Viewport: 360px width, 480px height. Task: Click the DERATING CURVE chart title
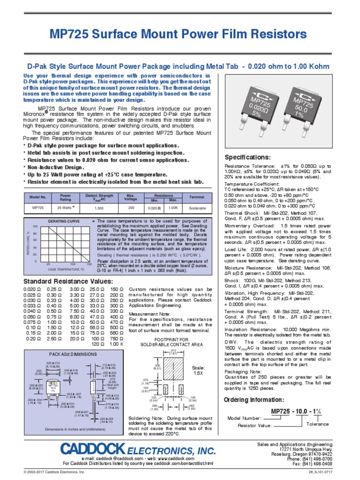tap(64, 221)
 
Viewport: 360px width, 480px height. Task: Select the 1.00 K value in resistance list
tap(117, 344)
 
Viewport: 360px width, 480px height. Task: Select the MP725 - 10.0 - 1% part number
tap(297, 411)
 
